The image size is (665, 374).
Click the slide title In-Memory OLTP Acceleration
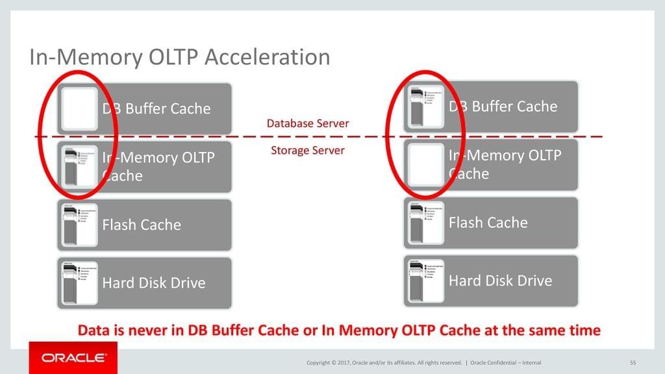pos(180,57)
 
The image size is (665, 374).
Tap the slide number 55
pos(633,362)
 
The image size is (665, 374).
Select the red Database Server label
pos(308,123)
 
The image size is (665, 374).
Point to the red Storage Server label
pos(307,151)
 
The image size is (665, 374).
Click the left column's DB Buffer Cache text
pos(157,108)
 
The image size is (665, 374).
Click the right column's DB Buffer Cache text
pos(503,106)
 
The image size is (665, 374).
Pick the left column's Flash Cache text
pos(142,225)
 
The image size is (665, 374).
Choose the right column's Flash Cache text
pos(488,223)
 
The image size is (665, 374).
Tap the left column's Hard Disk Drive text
pos(154,283)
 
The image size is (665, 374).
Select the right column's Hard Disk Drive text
pos(501,280)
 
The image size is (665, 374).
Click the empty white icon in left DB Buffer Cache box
pos(79,108)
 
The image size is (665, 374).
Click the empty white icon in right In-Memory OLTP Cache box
pos(425,165)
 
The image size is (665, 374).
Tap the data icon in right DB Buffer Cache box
pos(425,106)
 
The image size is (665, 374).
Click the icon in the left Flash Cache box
pos(79,225)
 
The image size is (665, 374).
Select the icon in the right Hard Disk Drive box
pos(425,280)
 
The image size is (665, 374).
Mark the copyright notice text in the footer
pos(384,362)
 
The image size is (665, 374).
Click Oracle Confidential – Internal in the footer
pos(505,362)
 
